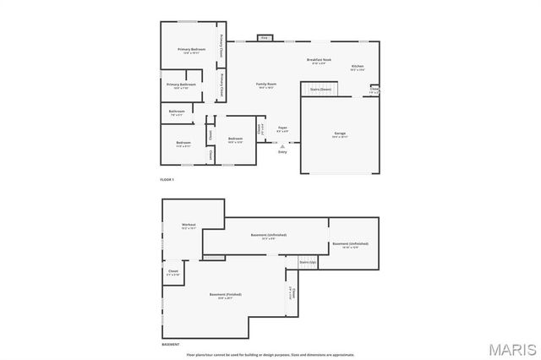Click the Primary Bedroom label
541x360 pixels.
point(192,51)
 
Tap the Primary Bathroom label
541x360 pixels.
point(181,85)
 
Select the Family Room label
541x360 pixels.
point(266,85)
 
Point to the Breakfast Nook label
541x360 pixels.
point(319,60)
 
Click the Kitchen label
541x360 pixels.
point(358,67)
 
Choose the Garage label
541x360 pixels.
point(341,134)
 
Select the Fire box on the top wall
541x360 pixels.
point(264,38)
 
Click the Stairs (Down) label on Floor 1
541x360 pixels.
point(320,89)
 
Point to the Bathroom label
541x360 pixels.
point(177,112)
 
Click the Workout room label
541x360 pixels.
point(189,226)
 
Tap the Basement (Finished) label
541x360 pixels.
point(226,295)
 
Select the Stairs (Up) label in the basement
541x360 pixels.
point(308,263)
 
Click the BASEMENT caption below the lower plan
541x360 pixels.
point(171,345)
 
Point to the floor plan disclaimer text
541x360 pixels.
point(270,355)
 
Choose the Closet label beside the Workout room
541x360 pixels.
point(173,272)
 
